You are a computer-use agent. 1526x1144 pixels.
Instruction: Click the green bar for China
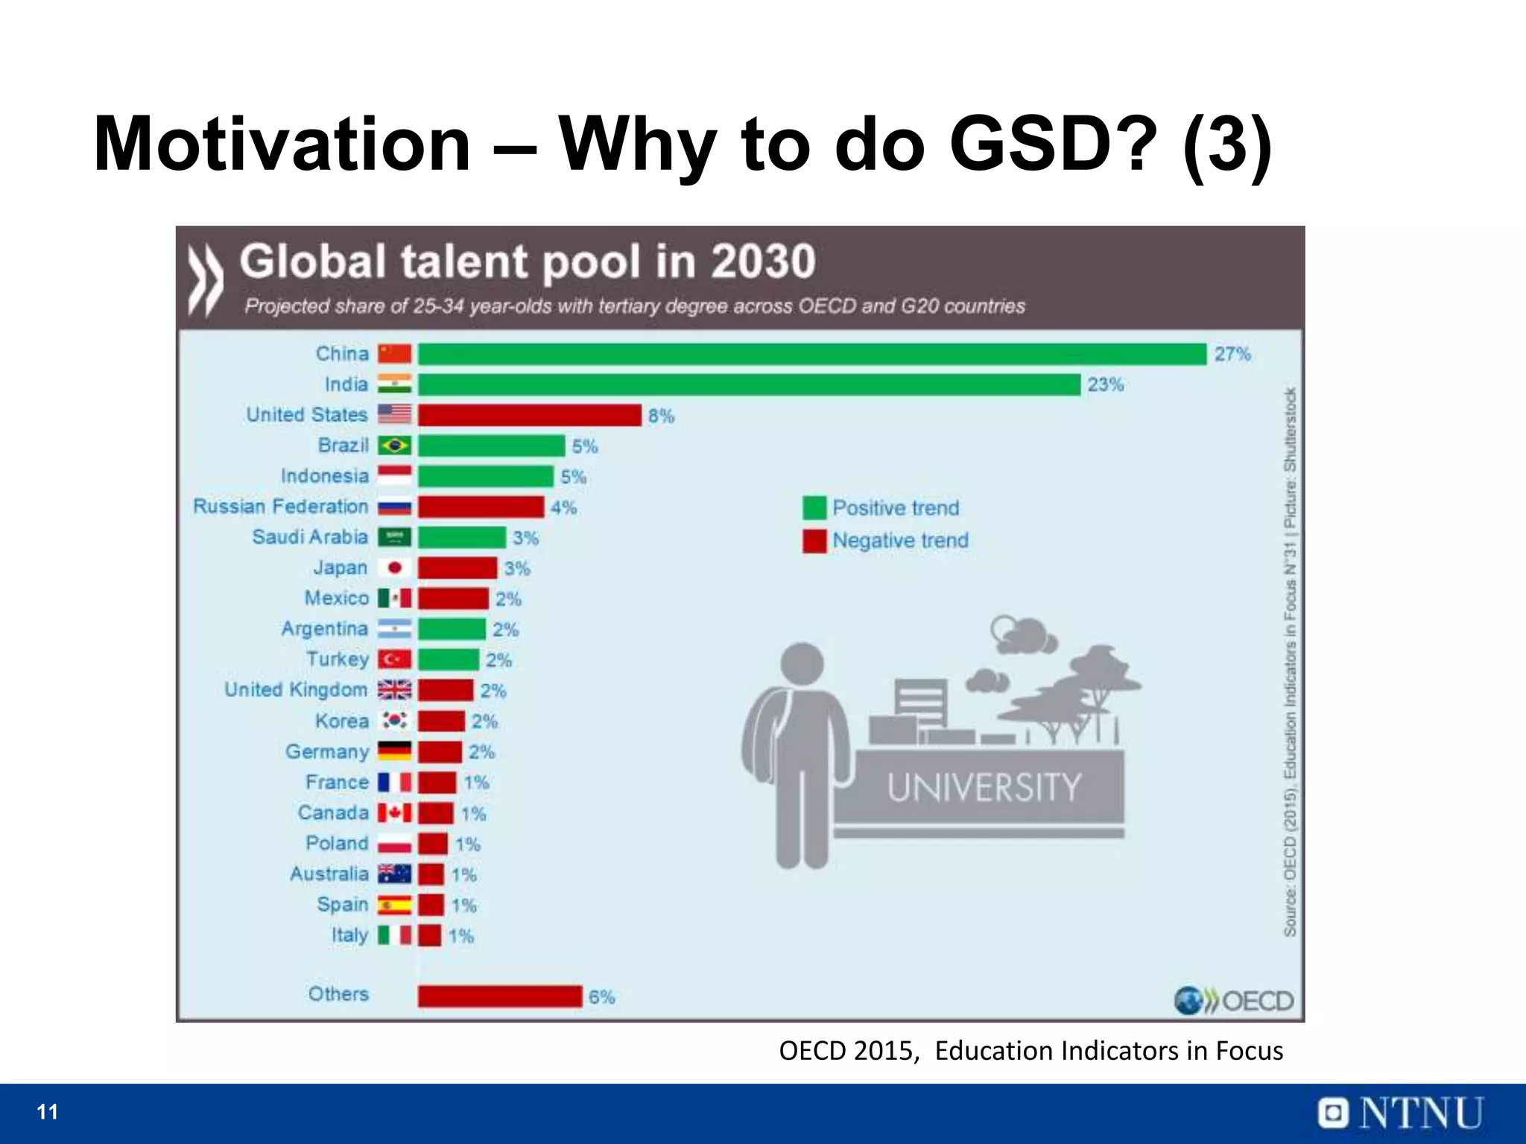pyautogui.click(x=812, y=354)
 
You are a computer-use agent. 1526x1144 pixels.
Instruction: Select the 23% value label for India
pyautogui.click(x=1105, y=385)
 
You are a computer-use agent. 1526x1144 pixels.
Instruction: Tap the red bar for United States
pyautogui.click(x=529, y=415)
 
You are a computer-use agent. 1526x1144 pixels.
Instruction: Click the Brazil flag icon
pyautogui.click(x=394, y=445)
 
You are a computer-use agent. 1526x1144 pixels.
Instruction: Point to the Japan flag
pyautogui.click(x=394, y=568)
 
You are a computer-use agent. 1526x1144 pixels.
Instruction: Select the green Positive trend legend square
pyautogui.click(x=814, y=508)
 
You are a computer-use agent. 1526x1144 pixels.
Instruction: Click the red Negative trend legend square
pyautogui.click(x=814, y=541)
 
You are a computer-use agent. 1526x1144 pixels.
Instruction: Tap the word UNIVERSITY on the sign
pyautogui.click(x=984, y=788)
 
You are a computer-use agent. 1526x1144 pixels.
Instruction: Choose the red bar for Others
pyautogui.click(x=499, y=996)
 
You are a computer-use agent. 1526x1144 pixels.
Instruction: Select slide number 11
pyautogui.click(x=48, y=1112)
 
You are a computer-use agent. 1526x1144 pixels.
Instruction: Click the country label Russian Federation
pyautogui.click(x=280, y=506)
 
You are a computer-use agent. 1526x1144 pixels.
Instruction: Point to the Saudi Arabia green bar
pyautogui.click(x=462, y=537)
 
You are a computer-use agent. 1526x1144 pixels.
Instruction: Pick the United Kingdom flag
pyautogui.click(x=394, y=690)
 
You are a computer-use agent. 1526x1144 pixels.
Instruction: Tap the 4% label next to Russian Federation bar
pyautogui.click(x=564, y=508)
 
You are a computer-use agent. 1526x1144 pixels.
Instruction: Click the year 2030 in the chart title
pyautogui.click(x=762, y=262)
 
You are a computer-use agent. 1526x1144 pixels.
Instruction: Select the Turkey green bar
pyautogui.click(x=448, y=660)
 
